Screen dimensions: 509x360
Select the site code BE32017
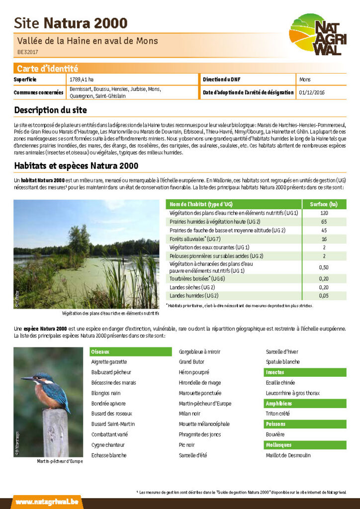coord(28,52)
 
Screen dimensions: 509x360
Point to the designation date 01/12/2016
coord(312,92)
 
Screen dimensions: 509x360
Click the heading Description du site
coord(50,110)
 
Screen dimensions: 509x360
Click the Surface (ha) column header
coord(324,204)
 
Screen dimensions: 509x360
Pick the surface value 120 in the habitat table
coord(324,213)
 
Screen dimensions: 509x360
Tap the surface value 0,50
coord(324,267)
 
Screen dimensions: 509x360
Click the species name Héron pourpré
coord(194,372)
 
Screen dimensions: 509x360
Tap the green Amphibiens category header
coord(279,404)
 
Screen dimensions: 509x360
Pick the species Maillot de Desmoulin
coord(288,455)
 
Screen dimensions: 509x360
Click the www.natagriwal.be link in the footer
coord(47,502)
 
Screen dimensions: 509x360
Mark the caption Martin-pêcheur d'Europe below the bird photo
coord(60,462)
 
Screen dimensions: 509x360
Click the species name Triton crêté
coord(278,414)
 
